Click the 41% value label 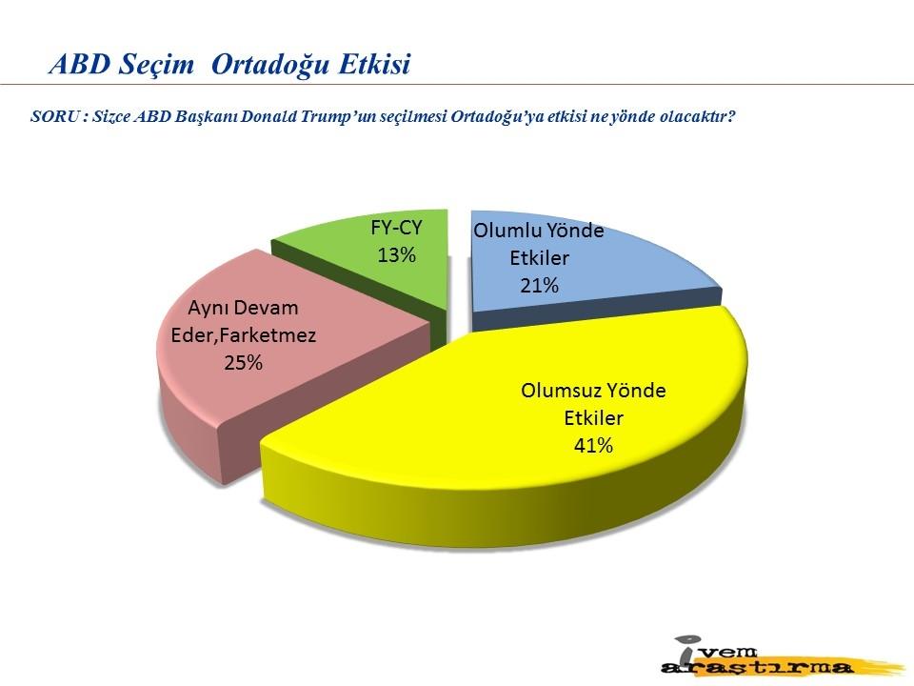pos(593,446)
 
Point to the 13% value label pos(396,255)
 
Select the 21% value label pos(539,285)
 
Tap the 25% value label pos(244,363)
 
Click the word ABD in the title pos(80,64)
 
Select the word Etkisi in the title pos(375,64)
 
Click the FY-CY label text pos(396,228)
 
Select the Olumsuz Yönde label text pos(593,391)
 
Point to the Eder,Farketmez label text pos(244,335)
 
